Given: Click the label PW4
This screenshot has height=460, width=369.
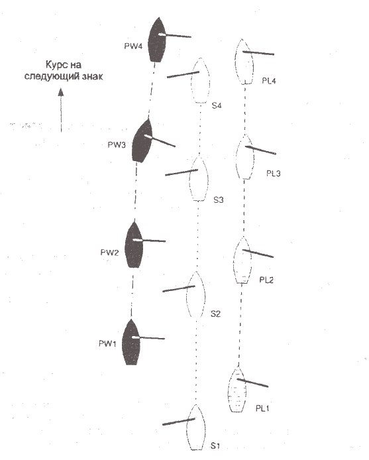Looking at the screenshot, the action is click(133, 46).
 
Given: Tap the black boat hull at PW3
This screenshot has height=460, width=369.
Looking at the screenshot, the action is click(142, 141).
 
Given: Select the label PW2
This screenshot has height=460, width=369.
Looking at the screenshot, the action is click(109, 253).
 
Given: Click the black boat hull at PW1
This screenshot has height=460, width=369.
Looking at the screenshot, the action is click(131, 343).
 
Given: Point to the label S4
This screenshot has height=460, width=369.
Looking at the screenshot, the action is click(217, 105).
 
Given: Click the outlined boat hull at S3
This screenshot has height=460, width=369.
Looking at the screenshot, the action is click(199, 180).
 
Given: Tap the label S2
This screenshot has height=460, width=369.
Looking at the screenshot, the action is click(215, 314).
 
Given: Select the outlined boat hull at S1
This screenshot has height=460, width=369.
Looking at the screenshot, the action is click(196, 427).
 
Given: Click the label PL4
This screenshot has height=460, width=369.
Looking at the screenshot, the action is click(269, 81).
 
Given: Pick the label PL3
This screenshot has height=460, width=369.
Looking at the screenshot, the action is click(273, 174).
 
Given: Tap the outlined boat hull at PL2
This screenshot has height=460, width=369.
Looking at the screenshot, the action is click(242, 260).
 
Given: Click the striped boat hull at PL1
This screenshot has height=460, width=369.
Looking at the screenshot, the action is click(237, 390).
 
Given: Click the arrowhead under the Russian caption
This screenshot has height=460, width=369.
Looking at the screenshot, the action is click(61, 92).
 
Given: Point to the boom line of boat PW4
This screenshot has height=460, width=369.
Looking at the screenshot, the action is click(175, 36).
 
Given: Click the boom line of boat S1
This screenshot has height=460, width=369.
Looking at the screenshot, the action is click(179, 422).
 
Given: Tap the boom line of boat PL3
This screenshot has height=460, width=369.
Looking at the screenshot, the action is click(260, 150).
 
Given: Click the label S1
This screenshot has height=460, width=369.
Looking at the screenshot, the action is click(215, 445).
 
